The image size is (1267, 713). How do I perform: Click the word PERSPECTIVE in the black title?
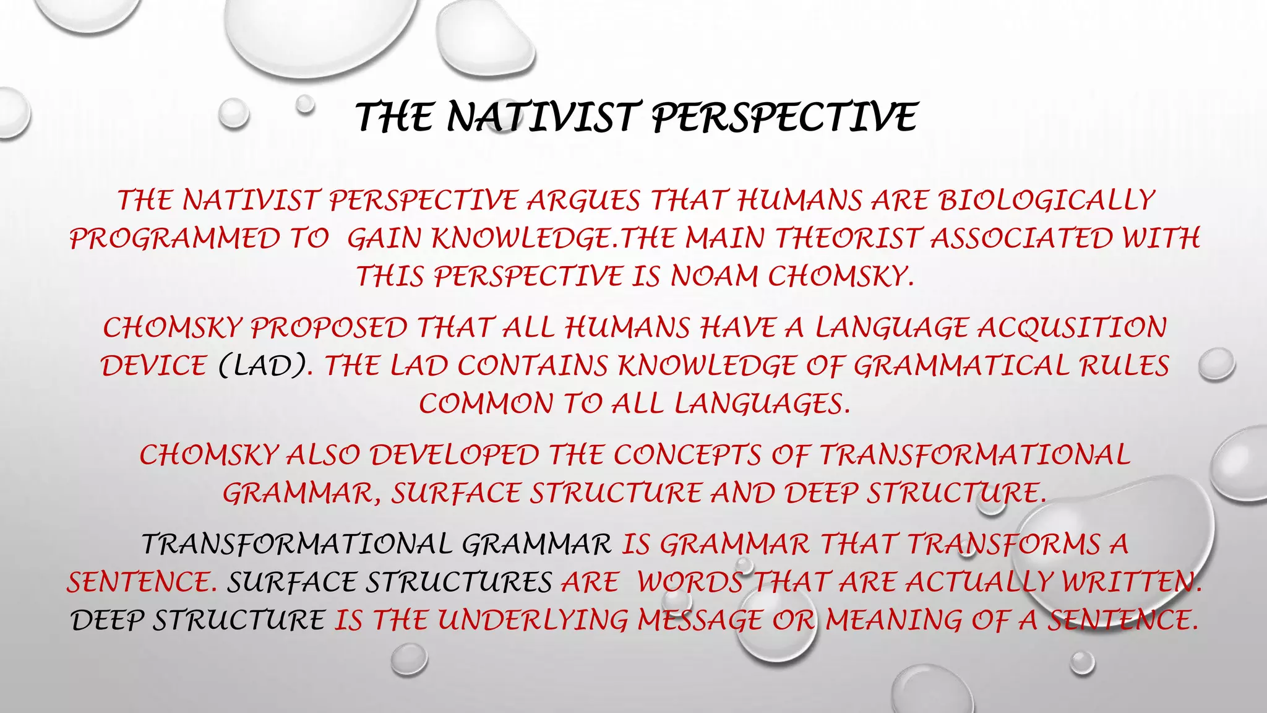pyautogui.click(x=784, y=117)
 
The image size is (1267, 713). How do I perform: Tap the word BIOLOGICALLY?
pyautogui.click(x=1046, y=201)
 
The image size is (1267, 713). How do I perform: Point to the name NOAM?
pyautogui.click(x=714, y=276)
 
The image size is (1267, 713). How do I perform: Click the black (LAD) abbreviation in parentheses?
pyautogui.click(x=262, y=366)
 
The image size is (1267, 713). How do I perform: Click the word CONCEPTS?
pyautogui.click(x=687, y=455)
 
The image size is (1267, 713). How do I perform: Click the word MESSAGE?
pyautogui.click(x=700, y=620)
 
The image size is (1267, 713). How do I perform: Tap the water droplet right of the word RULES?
pyautogui.click(x=1216, y=365)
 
